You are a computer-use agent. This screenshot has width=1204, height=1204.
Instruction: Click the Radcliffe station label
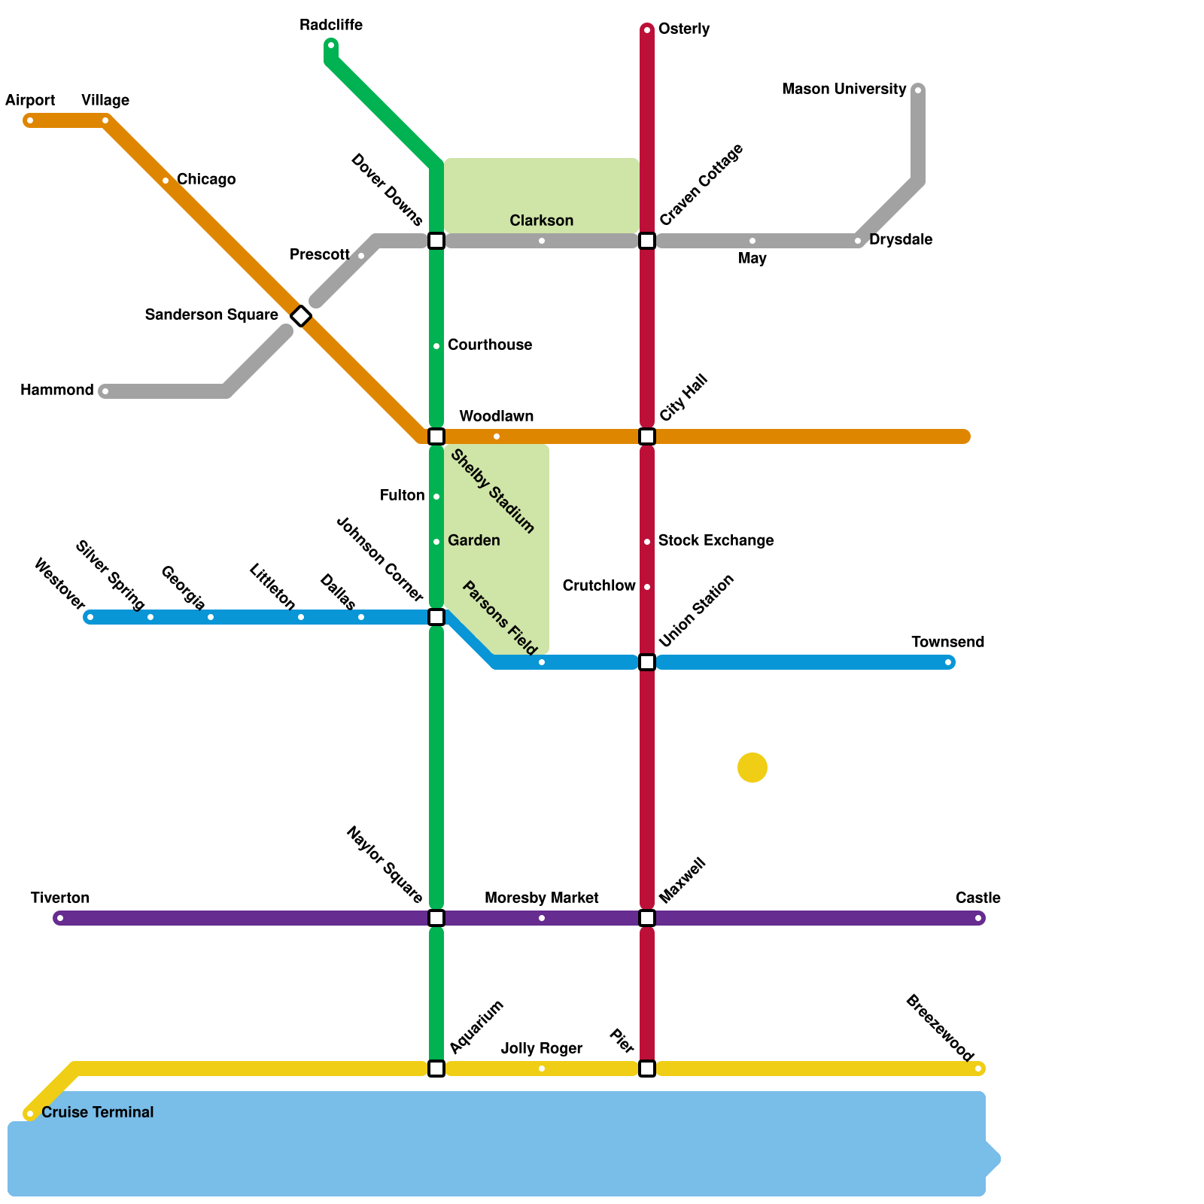tap(331, 26)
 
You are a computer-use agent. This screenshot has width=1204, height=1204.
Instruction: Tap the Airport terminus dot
tap(30, 120)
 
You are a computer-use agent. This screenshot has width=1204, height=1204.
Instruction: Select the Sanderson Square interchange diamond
tap(301, 316)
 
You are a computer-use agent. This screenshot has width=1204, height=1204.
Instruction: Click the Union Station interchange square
tap(647, 662)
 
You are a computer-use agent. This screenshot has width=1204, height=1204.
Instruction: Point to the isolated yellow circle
tap(752, 768)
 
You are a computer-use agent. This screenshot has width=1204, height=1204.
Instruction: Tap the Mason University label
tap(844, 90)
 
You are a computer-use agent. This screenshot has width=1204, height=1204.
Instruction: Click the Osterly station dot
tap(647, 30)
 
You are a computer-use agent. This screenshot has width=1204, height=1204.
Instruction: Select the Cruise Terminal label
tap(97, 1112)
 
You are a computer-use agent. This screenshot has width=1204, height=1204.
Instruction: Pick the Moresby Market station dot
tap(542, 918)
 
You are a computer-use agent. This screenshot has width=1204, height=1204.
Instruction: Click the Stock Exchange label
tap(716, 540)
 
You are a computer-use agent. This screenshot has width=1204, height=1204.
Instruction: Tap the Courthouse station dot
tap(436, 346)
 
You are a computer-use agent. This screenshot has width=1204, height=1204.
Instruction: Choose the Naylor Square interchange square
tap(436, 918)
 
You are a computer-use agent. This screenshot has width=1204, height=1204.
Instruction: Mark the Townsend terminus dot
tap(948, 662)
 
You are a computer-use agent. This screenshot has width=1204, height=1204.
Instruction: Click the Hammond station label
tap(57, 390)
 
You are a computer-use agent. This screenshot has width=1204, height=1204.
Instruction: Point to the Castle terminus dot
tap(978, 918)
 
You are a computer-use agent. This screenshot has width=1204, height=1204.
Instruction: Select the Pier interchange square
tap(647, 1069)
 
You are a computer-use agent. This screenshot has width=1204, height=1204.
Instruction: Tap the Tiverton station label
tap(60, 898)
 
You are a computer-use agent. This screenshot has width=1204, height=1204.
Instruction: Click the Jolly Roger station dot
tap(542, 1069)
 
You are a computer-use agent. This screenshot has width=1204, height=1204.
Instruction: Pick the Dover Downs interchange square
tap(436, 241)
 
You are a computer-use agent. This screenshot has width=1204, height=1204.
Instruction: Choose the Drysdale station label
tap(901, 239)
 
